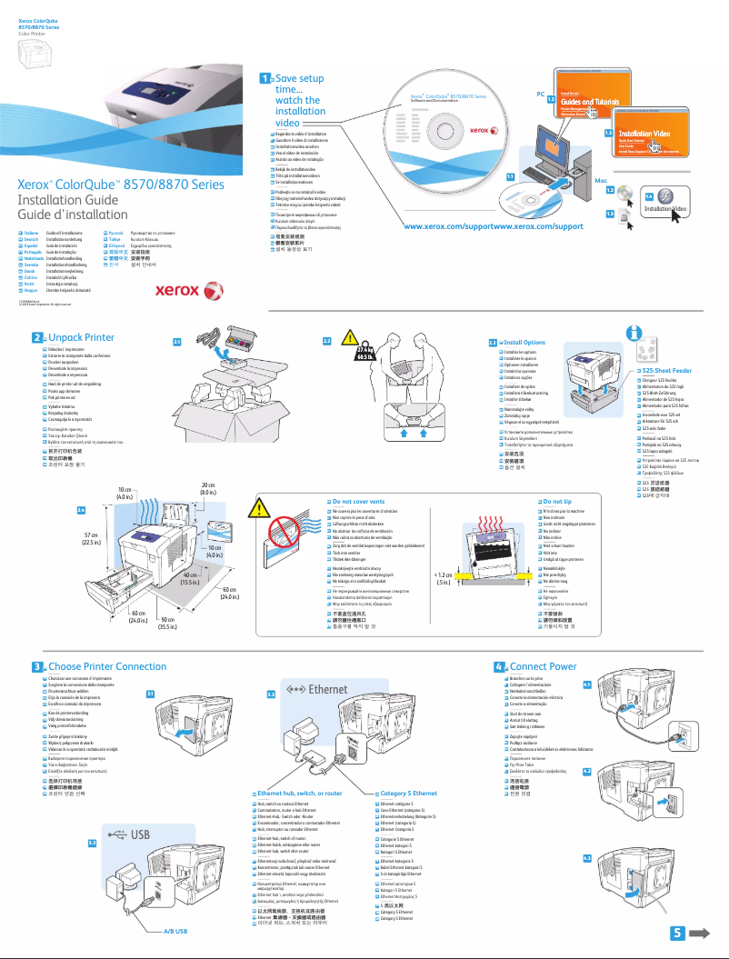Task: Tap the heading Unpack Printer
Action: pos(81,337)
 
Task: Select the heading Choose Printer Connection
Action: pos(106,666)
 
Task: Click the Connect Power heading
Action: pos(543,666)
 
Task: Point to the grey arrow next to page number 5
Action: pos(699,933)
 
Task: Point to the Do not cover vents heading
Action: pos(357,501)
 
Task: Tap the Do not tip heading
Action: pos(556,501)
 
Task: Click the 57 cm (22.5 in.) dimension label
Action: pos(92,539)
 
